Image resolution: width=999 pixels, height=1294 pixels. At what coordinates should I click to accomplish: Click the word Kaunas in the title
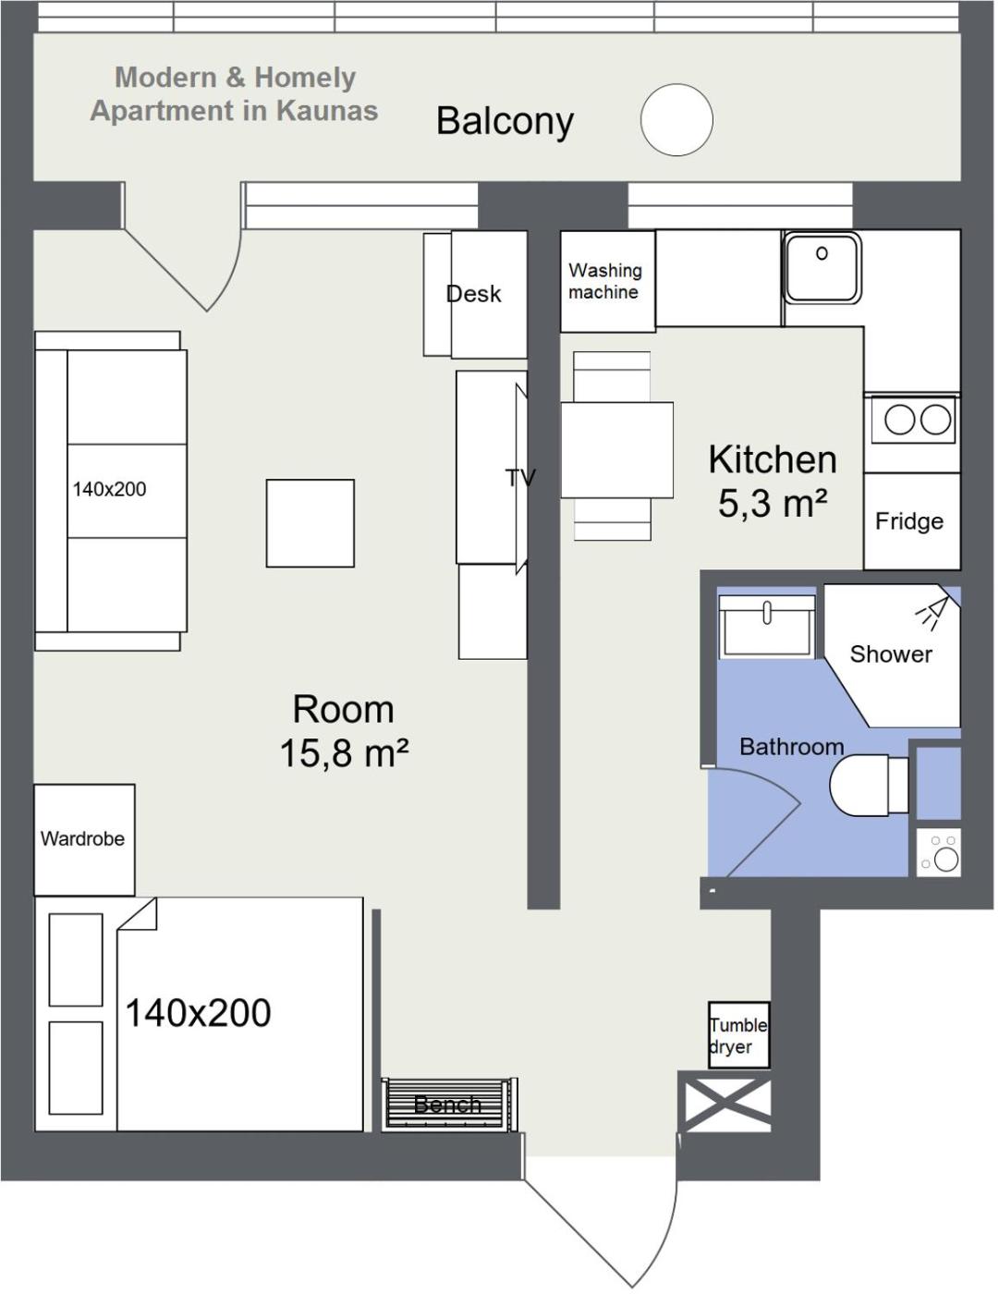(328, 112)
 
